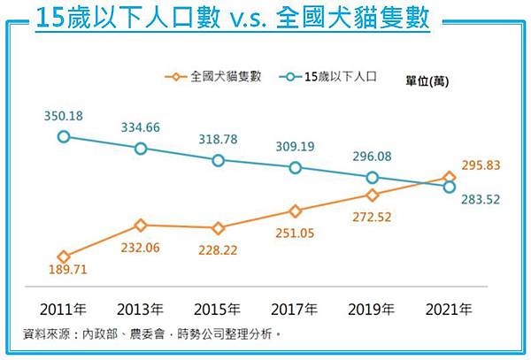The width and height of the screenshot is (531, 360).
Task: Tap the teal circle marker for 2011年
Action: (63, 136)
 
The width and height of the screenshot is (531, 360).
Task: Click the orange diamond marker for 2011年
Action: (63, 257)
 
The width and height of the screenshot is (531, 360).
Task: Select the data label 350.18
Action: (62, 115)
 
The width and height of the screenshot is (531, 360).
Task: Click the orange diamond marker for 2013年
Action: (141, 226)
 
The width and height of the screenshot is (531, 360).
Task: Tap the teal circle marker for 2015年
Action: (219, 160)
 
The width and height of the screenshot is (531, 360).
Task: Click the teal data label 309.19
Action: (296, 146)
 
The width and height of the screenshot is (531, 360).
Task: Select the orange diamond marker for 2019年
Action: (373, 195)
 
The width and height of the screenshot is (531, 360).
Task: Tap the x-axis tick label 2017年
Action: (296, 310)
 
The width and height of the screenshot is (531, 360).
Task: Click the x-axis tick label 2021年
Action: (450, 310)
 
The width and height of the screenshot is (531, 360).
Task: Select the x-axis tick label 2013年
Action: (141, 310)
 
